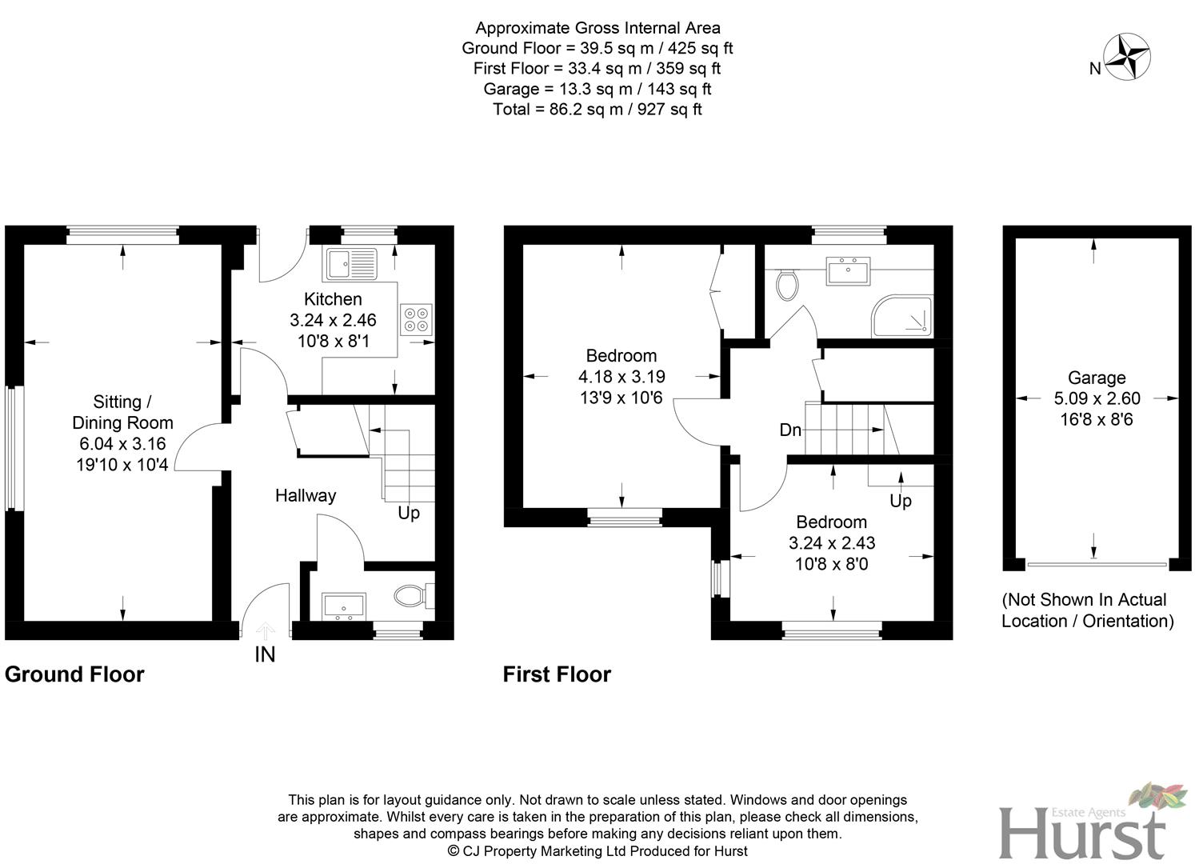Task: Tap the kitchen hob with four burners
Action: tap(416, 319)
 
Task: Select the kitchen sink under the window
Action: tap(351, 261)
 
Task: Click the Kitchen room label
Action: tap(333, 299)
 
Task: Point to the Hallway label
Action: tap(306, 495)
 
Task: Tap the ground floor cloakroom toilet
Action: tap(413, 596)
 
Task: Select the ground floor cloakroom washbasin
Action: tap(344, 606)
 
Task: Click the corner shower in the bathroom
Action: tap(903, 316)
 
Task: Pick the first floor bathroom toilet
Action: tap(787, 284)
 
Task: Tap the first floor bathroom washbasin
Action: tap(849, 270)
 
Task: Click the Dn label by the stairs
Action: tap(790, 430)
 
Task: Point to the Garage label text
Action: tap(1097, 378)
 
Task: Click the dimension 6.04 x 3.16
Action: tap(122, 443)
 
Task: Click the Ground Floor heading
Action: tap(74, 674)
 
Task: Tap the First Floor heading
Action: tap(557, 674)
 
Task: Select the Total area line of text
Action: tap(597, 110)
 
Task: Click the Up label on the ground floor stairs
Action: tap(409, 512)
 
